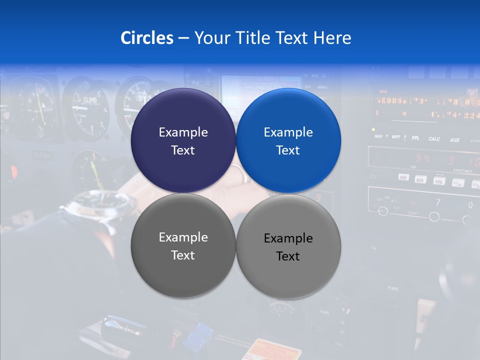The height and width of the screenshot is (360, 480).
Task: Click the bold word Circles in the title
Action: tap(146, 38)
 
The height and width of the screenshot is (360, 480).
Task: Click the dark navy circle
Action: tap(183, 140)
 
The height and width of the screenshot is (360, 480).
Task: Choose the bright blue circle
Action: tap(288, 140)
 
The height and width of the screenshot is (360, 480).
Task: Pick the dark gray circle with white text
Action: tap(183, 246)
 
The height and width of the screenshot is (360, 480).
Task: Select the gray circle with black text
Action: tap(288, 247)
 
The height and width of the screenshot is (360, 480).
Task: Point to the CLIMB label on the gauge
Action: tap(90, 99)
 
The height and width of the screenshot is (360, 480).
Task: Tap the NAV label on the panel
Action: tap(378, 136)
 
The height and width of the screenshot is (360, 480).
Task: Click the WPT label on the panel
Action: tap(395, 136)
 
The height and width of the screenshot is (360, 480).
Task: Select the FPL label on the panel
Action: tap(415, 138)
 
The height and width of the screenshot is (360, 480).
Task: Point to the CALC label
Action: tap(434, 139)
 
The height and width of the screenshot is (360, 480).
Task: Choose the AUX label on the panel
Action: tap(454, 140)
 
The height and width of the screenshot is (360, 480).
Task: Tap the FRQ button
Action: tap(439, 181)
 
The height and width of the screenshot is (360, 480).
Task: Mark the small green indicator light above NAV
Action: tap(373, 129)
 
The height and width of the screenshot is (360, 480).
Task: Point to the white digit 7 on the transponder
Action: tap(437, 203)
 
